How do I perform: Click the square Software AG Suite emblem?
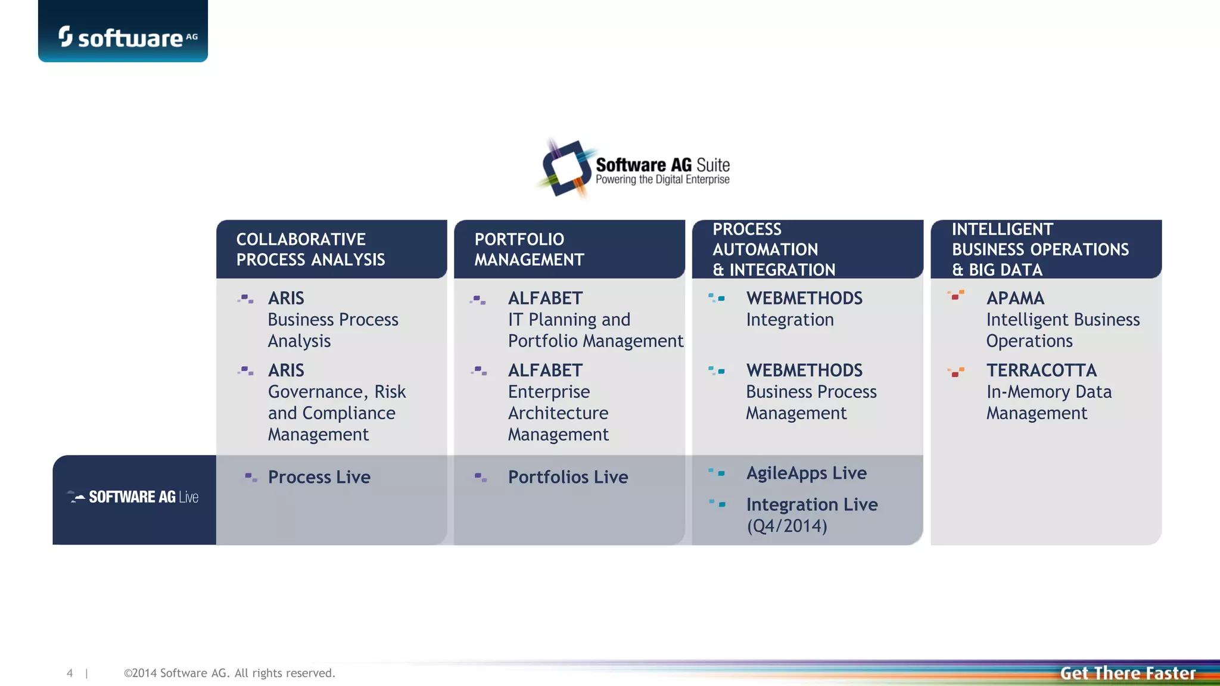pyautogui.click(x=565, y=168)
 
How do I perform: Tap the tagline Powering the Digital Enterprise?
pyautogui.click(x=662, y=180)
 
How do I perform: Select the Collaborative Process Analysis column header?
pyautogui.click(x=310, y=250)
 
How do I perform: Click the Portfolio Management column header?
pyautogui.click(x=529, y=250)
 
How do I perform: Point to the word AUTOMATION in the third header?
pyautogui.click(x=765, y=250)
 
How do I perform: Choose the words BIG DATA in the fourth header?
pyautogui.click(x=1006, y=270)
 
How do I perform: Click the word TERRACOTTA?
pyautogui.click(x=1041, y=370)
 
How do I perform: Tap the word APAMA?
pyautogui.click(x=1015, y=298)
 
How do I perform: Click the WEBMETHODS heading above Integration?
pyautogui.click(x=804, y=298)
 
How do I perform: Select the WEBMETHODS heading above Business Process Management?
pyautogui.click(x=804, y=370)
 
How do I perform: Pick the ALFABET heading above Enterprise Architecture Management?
pyautogui.click(x=545, y=370)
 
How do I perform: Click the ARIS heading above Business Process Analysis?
pyautogui.click(x=286, y=298)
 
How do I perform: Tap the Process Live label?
pyautogui.click(x=319, y=477)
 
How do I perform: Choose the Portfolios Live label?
pyautogui.click(x=568, y=477)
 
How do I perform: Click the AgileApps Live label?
pyautogui.click(x=807, y=473)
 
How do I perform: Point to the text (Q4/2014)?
pyautogui.click(x=787, y=526)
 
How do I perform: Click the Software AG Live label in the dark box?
pyautogui.click(x=143, y=497)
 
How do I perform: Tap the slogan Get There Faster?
pyautogui.click(x=1128, y=673)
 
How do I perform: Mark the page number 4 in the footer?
pyautogui.click(x=70, y=673)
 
